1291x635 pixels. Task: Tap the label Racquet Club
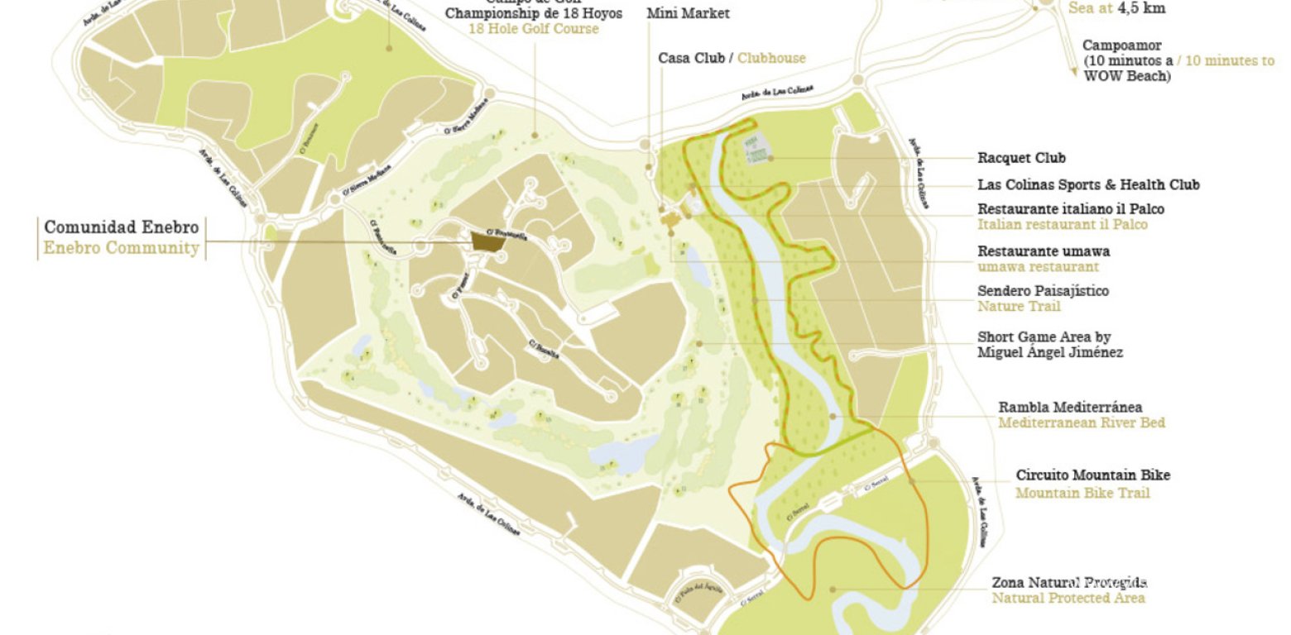(1021, 158)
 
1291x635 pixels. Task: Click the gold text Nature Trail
(1019, 307)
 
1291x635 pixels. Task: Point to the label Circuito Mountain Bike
(1092, 475)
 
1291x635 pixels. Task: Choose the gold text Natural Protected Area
(1068, 598)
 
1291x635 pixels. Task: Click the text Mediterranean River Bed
(1081, 423)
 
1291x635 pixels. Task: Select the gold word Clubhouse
(771, 58)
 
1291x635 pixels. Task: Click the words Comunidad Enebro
(122, 227)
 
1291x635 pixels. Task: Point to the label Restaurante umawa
(1044, 251)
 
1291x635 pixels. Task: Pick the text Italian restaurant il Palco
(1063, 224)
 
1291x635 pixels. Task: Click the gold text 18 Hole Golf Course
(533, 29)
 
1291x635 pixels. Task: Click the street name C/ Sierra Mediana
(362, 187)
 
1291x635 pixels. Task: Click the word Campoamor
(1121, 45)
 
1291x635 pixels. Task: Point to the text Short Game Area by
(1044, 337)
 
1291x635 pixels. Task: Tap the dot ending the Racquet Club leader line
(770, 157)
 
